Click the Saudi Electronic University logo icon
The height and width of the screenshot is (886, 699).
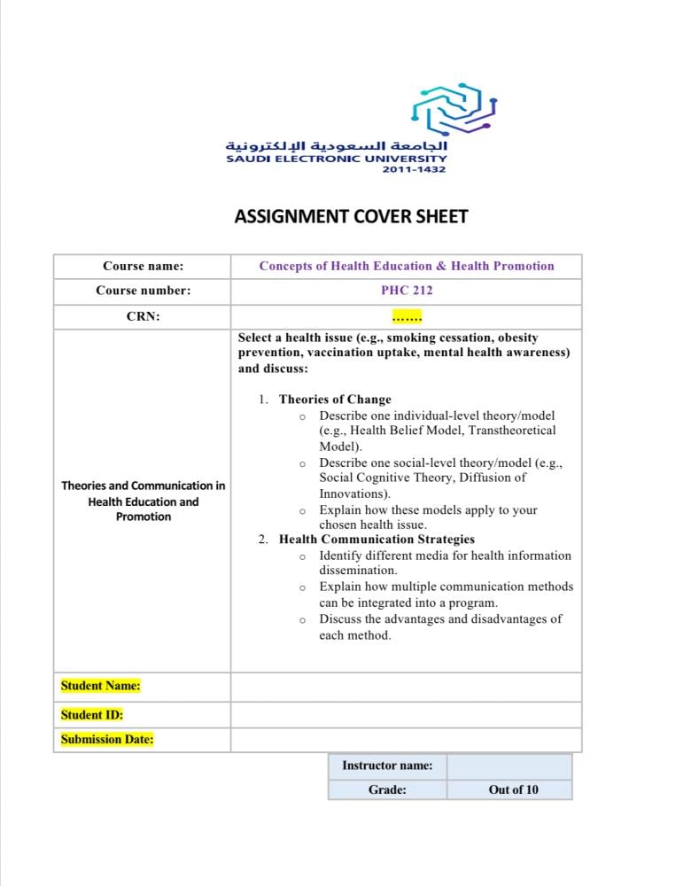(454, 109)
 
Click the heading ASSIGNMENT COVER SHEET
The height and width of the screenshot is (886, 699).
(351, 216)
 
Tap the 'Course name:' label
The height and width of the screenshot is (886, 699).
(143, 266)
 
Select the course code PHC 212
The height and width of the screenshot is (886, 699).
(407, 290)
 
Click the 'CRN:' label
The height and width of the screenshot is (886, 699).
(143, 316)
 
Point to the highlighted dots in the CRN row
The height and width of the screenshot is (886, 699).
(407, 316)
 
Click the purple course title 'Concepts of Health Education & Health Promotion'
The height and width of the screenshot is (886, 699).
(407, 266)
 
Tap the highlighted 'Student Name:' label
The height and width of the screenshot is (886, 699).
(100, 686)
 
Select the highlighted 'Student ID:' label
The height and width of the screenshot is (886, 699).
(92, 714)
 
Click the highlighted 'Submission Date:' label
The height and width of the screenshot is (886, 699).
(107, 739)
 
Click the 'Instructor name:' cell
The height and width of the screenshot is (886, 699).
(387, 766)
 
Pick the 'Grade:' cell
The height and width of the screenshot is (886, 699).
(387, 789)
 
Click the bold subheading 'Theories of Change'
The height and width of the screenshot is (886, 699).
(335, 400)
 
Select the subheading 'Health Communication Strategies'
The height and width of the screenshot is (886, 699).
(377, 539)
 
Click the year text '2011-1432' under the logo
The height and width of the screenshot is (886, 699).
(414, 169)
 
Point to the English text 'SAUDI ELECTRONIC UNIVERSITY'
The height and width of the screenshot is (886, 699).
(337, 159)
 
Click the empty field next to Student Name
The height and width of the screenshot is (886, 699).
(406, 686)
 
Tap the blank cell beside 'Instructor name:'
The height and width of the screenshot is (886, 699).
(509, 766)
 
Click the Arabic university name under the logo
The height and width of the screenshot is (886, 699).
(337, 145)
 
